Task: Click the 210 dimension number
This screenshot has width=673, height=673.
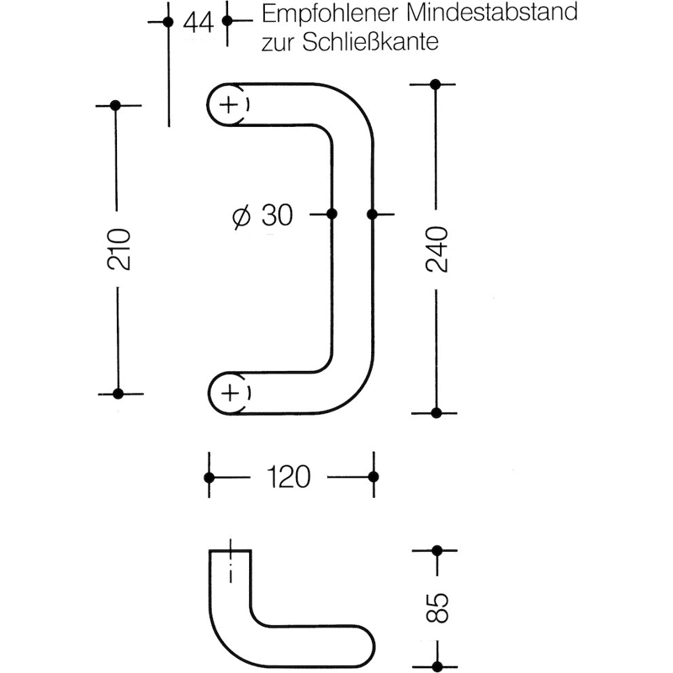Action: (119, 249)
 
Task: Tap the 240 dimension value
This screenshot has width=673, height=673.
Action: (437, 249)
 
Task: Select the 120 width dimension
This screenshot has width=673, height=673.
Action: (289, 477)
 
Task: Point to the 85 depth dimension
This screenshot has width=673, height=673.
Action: (437, 607)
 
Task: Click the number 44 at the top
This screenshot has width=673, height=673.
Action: (198, 23)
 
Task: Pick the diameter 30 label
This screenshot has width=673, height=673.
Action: (262, 215)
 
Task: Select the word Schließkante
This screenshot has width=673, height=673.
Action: (370, 42)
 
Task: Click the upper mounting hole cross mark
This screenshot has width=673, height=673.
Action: (230, 104)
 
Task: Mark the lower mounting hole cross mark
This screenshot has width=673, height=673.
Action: (231, 393)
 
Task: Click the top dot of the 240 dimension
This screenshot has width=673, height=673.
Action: (435, 85)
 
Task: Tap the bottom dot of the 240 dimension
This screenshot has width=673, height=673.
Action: (436, 413)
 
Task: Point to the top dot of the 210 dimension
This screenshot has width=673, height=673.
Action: (115, 105)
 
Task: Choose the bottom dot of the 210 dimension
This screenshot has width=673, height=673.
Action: (118, 394)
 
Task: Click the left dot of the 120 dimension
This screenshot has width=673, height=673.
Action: (209, 477)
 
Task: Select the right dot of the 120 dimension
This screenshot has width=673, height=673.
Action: (374, 476)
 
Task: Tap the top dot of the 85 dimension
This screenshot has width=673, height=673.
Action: (437, 551)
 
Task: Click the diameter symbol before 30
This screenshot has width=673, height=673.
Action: (241, 216)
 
